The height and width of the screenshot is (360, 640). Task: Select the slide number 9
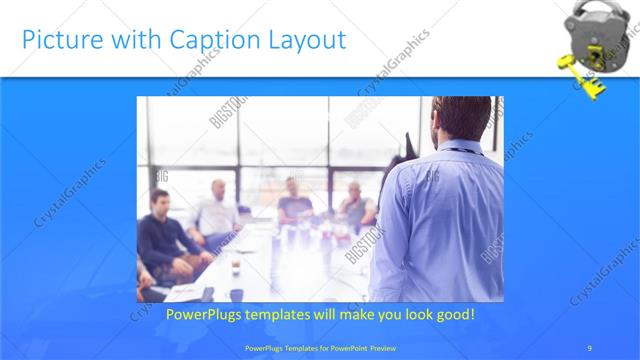tap(590, 347)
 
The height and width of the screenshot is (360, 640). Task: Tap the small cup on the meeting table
tap(236, 267)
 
